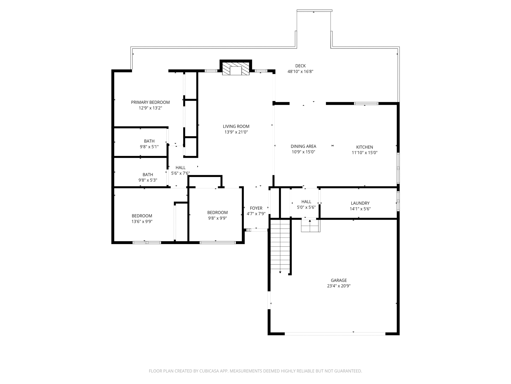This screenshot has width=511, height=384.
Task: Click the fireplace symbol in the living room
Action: [236, 69]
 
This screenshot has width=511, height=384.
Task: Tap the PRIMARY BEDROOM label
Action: [150, 102]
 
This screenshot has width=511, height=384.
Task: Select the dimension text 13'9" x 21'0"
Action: [236, 132]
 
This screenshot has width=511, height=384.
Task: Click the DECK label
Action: [300, 66]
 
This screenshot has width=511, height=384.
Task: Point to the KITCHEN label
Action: [364, 147]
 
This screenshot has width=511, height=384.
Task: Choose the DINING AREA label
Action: [303, 146]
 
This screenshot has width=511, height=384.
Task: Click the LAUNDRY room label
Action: [360, 203]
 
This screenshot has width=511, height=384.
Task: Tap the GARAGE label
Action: [339, 280]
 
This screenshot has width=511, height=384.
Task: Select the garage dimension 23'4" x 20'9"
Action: [339, 286]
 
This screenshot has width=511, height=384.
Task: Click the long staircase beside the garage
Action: [280, 245]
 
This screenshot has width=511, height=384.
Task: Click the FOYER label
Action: [256, 208]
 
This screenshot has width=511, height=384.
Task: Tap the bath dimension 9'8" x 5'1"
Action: [149, 147]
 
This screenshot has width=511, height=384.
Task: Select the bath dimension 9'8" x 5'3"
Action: [148, 180]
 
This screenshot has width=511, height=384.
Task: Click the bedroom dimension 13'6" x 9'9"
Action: [142, 222]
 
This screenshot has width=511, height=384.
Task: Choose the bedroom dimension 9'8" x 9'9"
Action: [217, 218]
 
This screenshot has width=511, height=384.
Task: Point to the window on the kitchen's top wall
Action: [366, 103]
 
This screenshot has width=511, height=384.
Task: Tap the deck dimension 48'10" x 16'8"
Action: [300, 71]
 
